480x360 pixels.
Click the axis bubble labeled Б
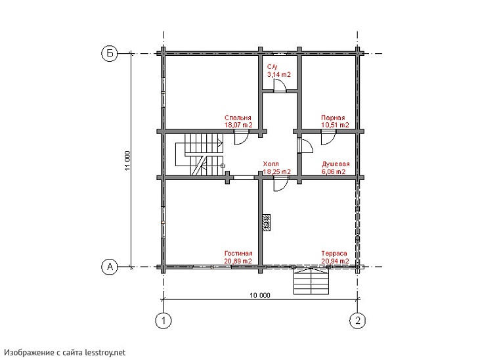109,53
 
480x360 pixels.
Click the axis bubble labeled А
109,267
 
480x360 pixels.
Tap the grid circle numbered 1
164,321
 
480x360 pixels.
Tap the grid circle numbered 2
358,321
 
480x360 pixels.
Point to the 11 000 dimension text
127,160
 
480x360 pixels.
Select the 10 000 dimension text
260,295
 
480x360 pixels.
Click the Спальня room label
238,118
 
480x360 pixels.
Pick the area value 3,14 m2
279,74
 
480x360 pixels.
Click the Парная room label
333,118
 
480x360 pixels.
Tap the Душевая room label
336,164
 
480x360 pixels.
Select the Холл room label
271,164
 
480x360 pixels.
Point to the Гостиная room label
238,254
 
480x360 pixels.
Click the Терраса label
334,254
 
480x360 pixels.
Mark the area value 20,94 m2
335,261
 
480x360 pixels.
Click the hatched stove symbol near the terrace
267,223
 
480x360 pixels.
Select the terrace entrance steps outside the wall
311,281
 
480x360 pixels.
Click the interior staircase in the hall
200,154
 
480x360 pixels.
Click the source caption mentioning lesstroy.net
64,353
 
